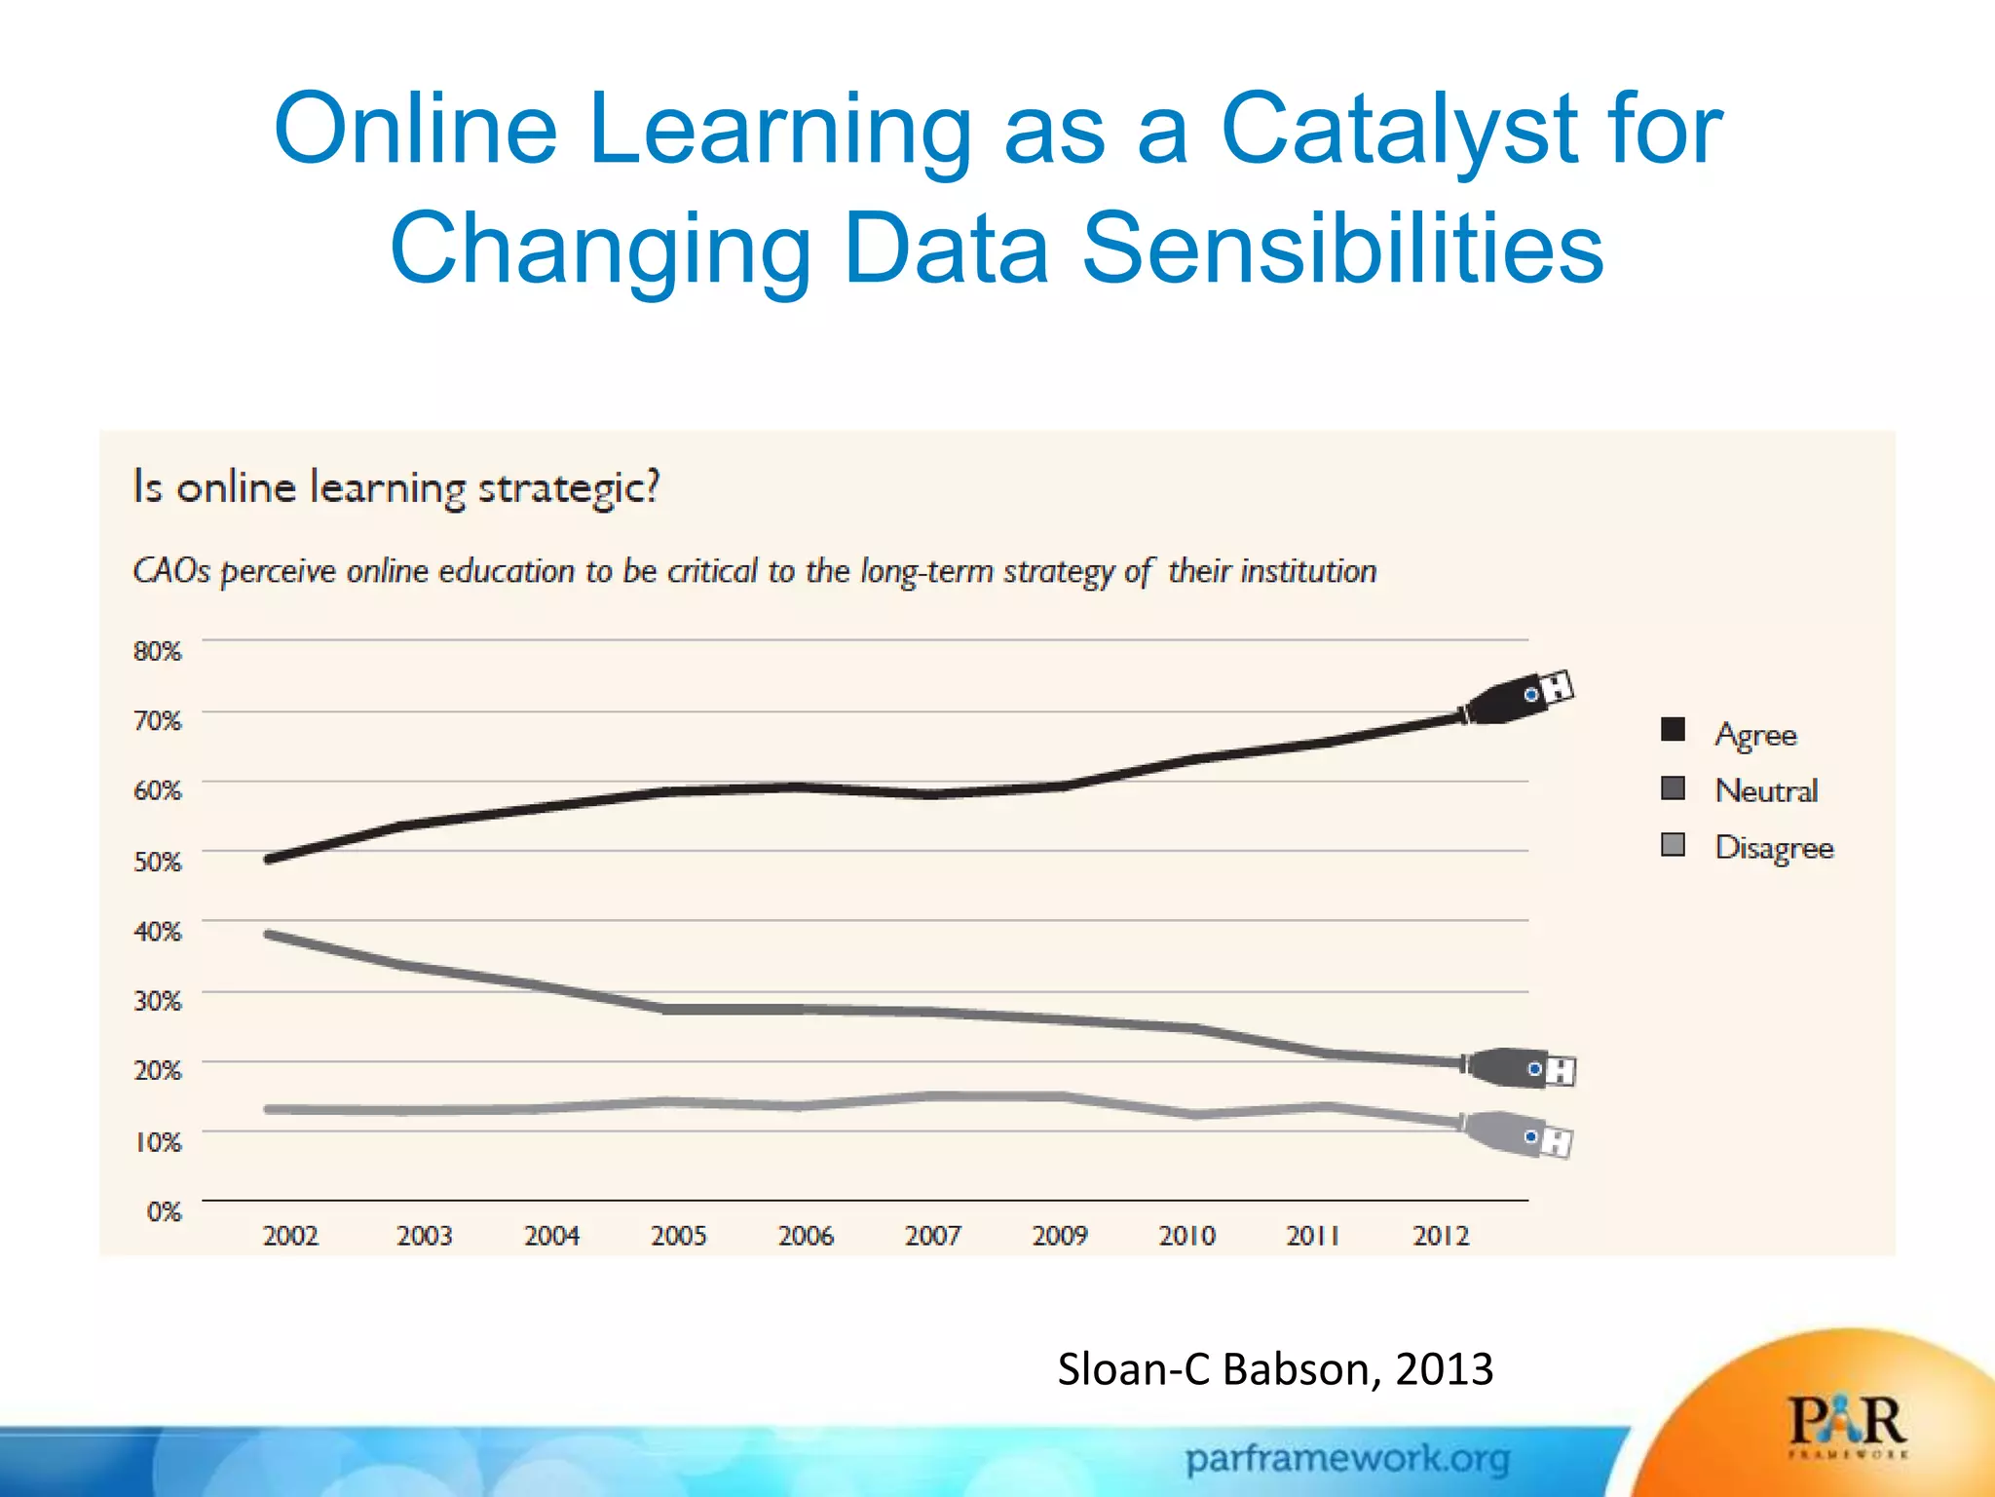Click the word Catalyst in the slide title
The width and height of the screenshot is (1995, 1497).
click(1399, 130)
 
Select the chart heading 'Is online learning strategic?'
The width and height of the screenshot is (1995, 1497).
click(396, 486)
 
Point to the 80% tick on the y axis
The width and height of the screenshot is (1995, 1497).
click(158, 650)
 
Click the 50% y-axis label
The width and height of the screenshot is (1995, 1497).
click(158, 862)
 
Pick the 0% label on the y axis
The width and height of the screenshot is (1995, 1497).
click(164, 1211)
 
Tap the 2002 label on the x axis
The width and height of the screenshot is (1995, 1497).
click(290, 1236)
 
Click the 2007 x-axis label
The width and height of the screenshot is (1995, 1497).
click(932, 1236)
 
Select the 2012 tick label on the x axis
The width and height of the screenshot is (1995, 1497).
click(1441, 1236)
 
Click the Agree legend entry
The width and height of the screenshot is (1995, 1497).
click(1754, 734)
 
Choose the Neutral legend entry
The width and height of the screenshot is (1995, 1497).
click(1765, 790)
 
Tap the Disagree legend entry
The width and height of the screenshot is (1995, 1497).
click(1773, 847)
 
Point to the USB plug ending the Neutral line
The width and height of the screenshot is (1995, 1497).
click(1522, 1068)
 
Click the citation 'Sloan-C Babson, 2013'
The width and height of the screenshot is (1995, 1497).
click(1275, 1369)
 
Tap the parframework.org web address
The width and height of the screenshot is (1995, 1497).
click(1347, 1459)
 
